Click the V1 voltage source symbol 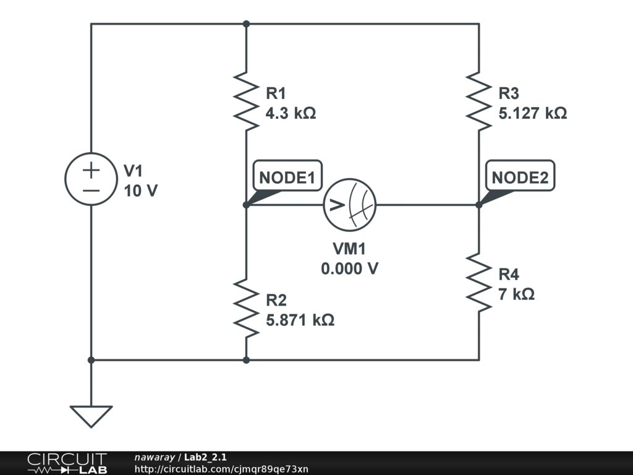pyautogui.click(x=91, y=179)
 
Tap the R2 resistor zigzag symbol pyautogui.click(x=246, y=307)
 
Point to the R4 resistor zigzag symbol pyautogui.click(x=479, y=282)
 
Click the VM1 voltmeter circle pyautogui.click(x=350, y=205)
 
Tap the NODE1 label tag pyautogui.click(x=287, y=178)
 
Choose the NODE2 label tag pyautogui.click(x=520, y=178)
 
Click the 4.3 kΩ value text pyautogui.click(x=291, y=114)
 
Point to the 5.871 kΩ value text pyautogui.click(x=300, y=320)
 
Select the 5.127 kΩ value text pyautogui.click(x=533, y=114)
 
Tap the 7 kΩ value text pyautogui.click(x=516, y=294)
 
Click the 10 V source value pyautogui.click(x=140, y=191)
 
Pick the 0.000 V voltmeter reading pyautogui.click(x=349, y=269)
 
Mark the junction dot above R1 pyautogui.click(x=246, y=24)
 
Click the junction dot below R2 pyautogui.click(x=246, y=359)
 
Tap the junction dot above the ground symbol pyautogui.click(x=91, y=359)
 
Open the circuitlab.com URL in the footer pyautogui.click(x=221, y=469)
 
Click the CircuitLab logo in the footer pyautogui.click(x=66, y=463)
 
